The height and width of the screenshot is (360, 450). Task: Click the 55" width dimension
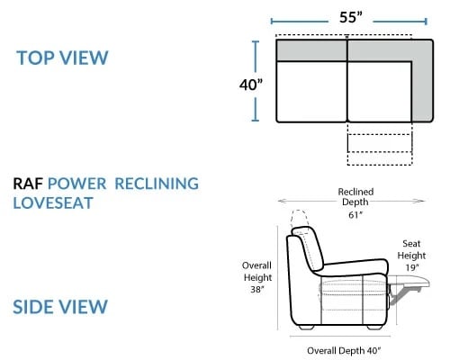click(351, 17)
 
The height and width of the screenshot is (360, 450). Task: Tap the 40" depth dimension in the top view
click(251, 85)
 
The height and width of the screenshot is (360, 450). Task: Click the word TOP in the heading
click(35, 58)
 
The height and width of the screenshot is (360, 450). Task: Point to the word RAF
click(28, 184)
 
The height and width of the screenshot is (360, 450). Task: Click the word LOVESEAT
click(53, 203)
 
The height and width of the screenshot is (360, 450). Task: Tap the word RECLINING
click(157, 184)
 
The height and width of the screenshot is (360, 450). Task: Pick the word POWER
click(77, 184)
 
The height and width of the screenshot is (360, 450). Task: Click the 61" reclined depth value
click(355, 215)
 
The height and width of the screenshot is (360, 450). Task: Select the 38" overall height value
click(257, 289)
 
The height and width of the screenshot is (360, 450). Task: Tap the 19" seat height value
click(412, 267)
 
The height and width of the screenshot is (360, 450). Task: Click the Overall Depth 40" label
click(344, 350)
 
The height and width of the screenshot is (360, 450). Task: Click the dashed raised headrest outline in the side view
click(299, 219)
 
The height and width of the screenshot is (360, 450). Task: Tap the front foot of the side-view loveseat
click(375, 328)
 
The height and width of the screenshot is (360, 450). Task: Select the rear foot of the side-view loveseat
click(306, 328)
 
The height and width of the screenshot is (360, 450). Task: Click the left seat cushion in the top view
click(311, 92)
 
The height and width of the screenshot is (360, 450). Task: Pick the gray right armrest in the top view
click(423, 81)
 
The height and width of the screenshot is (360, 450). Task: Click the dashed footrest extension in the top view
click(380, 143)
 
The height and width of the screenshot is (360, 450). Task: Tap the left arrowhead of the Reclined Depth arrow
click(281, 201)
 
